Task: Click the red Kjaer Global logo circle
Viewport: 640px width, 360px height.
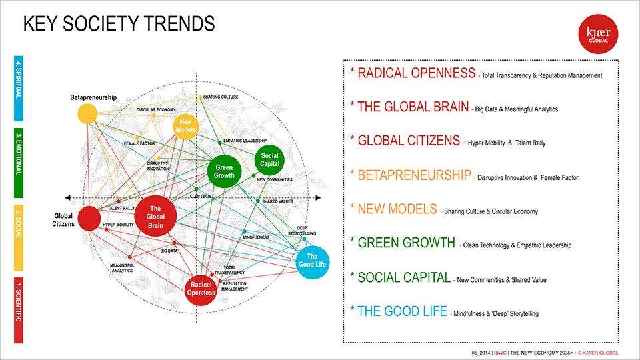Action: [598, 34]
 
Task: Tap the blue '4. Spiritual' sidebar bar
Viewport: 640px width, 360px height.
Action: [19, 89]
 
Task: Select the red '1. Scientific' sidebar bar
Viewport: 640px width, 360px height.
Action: [19, 310]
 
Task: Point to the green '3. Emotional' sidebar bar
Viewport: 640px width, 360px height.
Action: [19, 163]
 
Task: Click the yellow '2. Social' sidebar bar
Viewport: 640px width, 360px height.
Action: [19, 237]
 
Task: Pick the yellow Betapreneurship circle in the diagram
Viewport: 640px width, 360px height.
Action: [87, 113]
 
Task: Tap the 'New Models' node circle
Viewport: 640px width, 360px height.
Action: [185, 126]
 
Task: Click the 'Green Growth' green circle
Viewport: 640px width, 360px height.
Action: [224, 171]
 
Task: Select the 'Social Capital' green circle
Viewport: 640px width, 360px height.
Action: [269, 159]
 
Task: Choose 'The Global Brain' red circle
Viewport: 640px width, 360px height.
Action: [155, 217]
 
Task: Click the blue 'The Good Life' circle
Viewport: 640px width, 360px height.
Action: [312, 263]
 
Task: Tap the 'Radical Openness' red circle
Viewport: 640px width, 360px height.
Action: [201, 289]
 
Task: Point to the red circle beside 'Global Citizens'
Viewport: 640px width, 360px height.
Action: [89, 219]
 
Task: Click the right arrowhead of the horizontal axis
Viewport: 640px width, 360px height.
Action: [319, 198]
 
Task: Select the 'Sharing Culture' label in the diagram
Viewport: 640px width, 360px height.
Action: [221, 97]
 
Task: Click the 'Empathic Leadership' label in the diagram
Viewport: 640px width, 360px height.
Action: [245, 141]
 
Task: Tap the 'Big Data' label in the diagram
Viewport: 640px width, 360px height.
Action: [169, 251]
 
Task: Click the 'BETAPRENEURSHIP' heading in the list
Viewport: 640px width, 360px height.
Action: [414, 175]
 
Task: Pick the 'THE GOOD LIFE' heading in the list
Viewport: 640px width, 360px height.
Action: [403, 311]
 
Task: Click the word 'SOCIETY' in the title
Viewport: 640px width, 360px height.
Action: [96, 24]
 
